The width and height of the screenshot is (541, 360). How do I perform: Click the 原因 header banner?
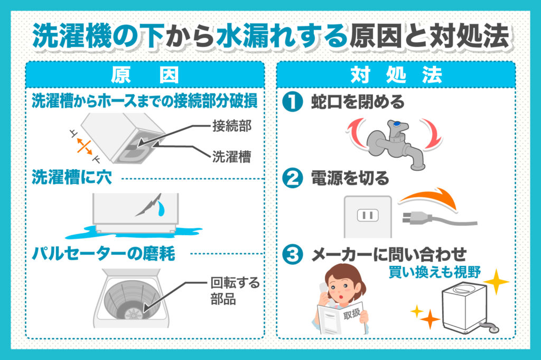point(145,75)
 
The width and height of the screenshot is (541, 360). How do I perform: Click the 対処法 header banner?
point(396,75)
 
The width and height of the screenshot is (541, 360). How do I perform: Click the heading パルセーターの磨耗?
point(104,254)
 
